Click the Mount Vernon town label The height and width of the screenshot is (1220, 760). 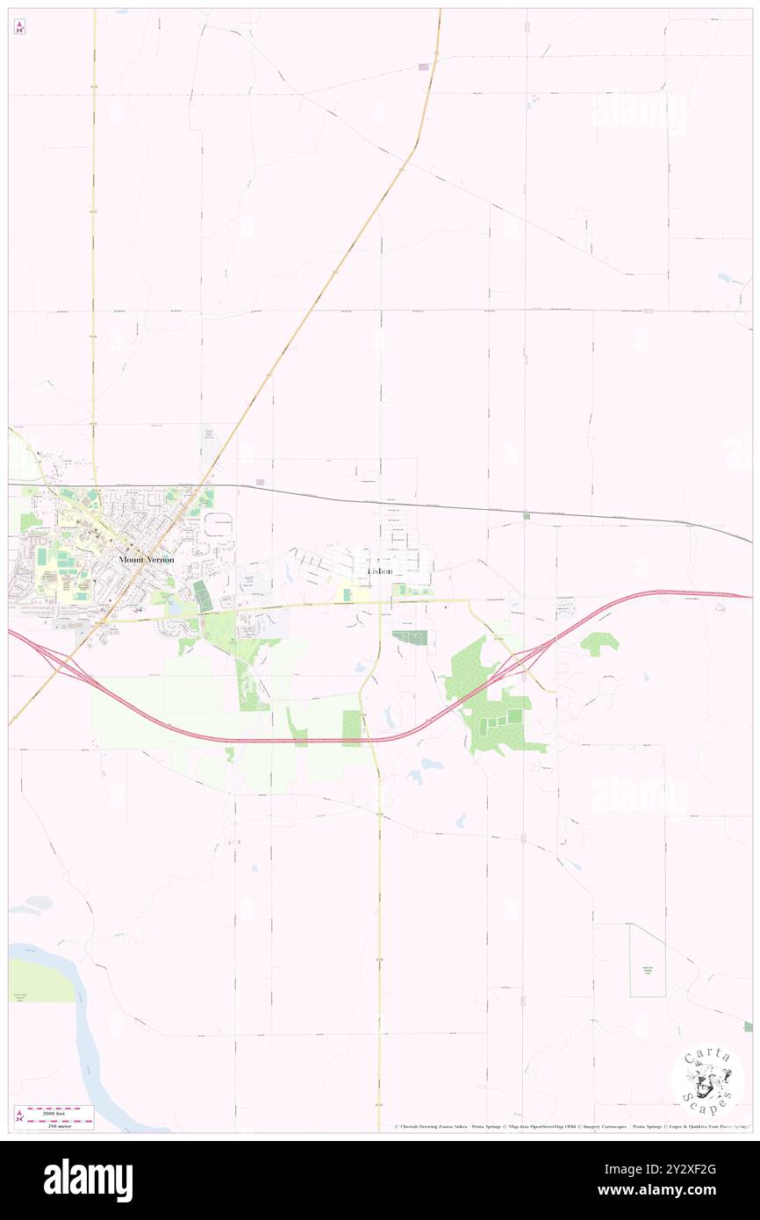click(x=147, y=559)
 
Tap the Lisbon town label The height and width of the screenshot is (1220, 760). click(x=379, y=571)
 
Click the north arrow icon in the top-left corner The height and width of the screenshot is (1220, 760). click(x=19, y=27)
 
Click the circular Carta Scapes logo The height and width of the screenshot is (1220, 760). click(x=707, y=1080)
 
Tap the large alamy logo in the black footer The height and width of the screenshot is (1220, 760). click(x=88, y=1181)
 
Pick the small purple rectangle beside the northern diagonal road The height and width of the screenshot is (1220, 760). click(x=424, y=67)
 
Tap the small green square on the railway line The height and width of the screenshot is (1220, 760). click(x=526, y=516)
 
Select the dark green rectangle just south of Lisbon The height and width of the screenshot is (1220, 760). click(x=409, y=638)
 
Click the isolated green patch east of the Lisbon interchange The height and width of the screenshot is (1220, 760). click(x=599, y=643)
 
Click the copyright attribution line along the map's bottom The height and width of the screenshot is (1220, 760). click(x=570, y=1126)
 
